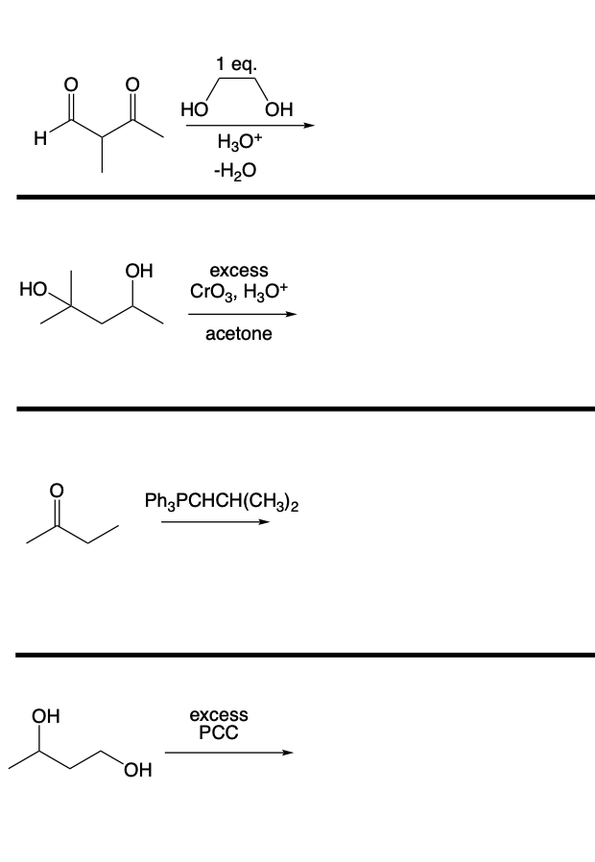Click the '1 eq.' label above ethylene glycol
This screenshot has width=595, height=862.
pos(236,66)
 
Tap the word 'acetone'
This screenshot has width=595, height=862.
pos(238,334)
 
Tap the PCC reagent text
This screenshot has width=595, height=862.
pos(219,733)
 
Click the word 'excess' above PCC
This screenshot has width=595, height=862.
pos(219,715)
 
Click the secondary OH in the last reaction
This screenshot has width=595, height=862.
pos(44,715)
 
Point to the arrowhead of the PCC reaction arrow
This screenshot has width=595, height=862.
pos(286,753)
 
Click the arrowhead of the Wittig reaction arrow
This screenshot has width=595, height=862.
pos(264,523)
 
